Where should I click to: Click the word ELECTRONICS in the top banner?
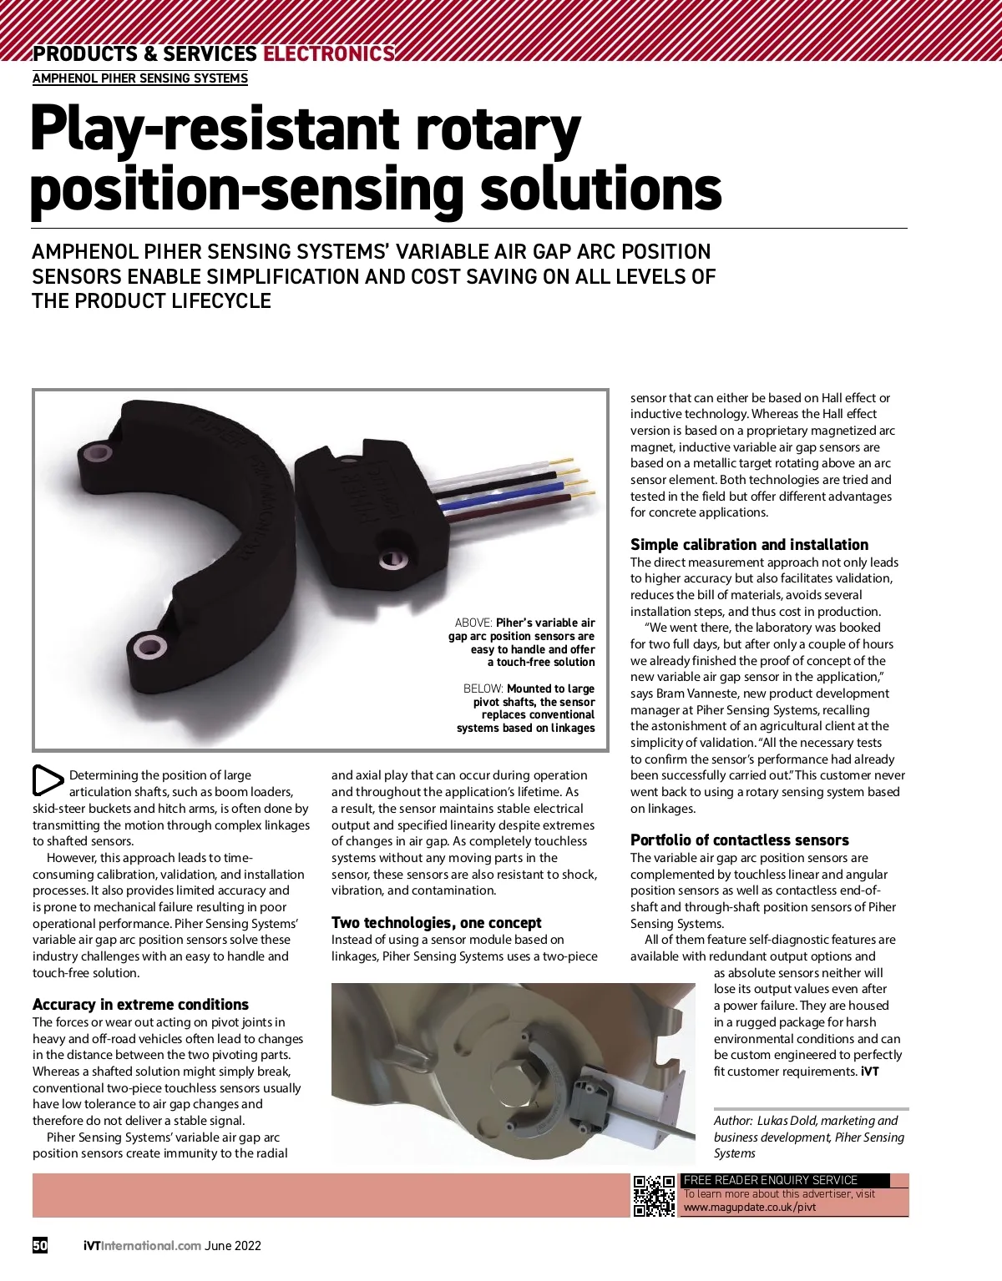tap(328, 54)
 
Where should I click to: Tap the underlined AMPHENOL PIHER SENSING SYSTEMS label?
tap(140, 78)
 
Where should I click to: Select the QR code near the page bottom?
tap(654, 1195)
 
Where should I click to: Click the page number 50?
tap(40, 1245)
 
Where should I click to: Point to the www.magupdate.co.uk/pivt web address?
tap(750, 1207)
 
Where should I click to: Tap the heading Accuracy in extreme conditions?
tap(140, 1005)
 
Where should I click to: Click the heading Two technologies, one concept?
tap(436, 923)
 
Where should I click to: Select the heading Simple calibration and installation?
tap(749, 545)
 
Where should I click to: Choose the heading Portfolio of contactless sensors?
tap(739, 840)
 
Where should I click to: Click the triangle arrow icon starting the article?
tap(47, 779)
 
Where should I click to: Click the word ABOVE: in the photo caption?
tap(473, 623)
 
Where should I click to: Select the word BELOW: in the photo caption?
tap(483, 689)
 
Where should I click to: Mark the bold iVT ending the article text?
tap(870, 1072)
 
